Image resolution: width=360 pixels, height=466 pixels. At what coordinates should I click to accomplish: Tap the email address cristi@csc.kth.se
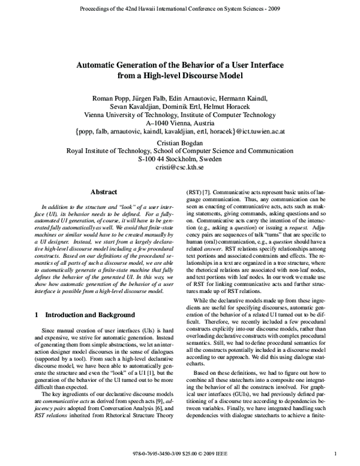tap(179, 169)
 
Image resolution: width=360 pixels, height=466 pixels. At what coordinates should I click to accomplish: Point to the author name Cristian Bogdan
tap(179, 143)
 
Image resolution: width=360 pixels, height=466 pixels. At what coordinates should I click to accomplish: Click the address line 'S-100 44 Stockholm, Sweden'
tap(179, 160)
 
